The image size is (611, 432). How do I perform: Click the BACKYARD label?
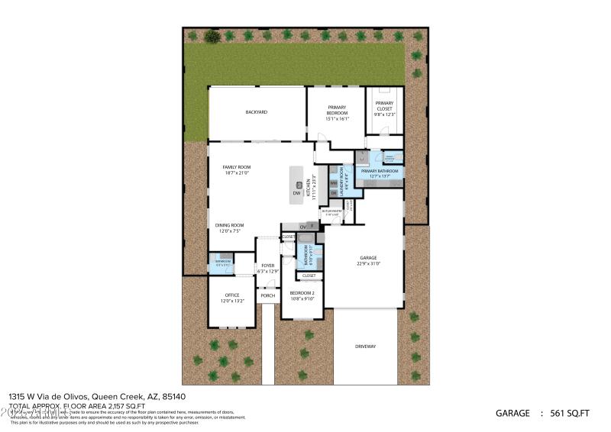[256, 112]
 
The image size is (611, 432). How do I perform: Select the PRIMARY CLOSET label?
[384, 106]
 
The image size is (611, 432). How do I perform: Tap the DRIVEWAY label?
[365, 347]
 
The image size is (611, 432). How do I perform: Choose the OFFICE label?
[232, 295]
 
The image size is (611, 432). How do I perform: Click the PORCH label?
[267, 295]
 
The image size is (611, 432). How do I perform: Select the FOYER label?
[267, 266]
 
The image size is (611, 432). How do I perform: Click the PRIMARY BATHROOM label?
[380, 171]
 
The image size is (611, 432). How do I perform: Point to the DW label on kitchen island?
[296, 193]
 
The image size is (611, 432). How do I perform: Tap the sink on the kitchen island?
[298, 185]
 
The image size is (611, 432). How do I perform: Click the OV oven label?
[302, 227]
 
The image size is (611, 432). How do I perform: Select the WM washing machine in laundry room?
[333, 183]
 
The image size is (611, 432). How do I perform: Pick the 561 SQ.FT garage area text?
[570, 413]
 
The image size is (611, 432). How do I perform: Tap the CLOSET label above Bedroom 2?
[309, 276]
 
